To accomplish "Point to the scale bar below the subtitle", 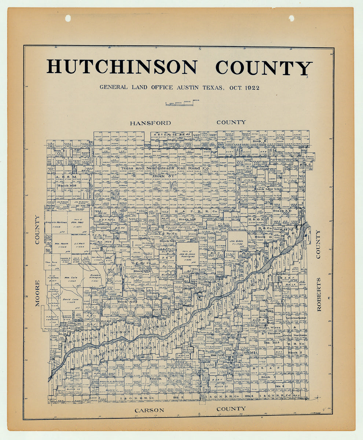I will (179, 104).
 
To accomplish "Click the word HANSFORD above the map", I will (150, 123).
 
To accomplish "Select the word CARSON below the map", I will (149, 410).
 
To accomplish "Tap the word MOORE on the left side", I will (37, 293).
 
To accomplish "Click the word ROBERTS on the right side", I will (318, 294).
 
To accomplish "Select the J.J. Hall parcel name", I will (79, 243).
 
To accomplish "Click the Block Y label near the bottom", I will (155, 378).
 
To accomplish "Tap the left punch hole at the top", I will (68, 18).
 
